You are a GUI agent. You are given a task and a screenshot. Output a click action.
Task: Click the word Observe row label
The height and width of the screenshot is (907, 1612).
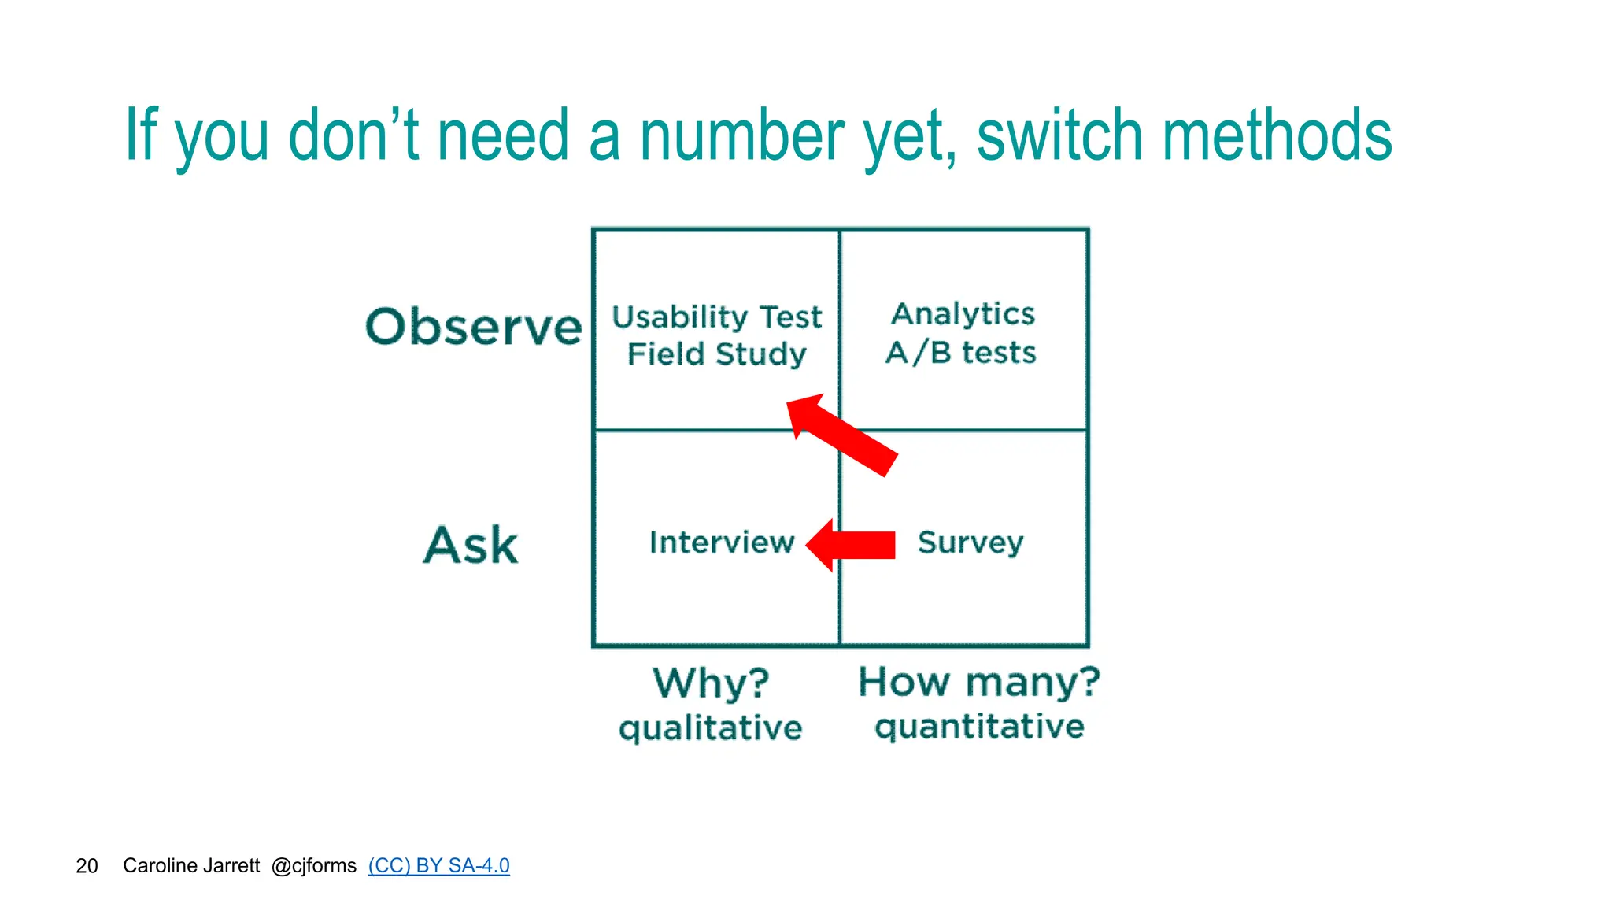coord(474,327)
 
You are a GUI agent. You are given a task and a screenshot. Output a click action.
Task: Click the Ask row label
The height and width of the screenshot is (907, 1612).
coord(471,545)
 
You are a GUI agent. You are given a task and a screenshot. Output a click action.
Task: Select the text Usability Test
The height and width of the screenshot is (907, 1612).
coord(716,317)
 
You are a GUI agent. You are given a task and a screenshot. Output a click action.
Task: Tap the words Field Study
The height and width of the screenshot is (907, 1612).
coord(716,354)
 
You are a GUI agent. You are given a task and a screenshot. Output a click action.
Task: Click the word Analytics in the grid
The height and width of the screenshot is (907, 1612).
coord(963,314)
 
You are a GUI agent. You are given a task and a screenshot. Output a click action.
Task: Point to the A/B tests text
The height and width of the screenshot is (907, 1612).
coord(960,352)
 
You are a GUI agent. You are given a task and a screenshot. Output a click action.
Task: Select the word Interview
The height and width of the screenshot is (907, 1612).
coord(721,542)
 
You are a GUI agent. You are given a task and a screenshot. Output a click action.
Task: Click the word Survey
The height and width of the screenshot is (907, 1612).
coord(970,542)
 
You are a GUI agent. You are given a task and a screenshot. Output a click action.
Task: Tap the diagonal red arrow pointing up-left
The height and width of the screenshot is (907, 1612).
coord(842,435)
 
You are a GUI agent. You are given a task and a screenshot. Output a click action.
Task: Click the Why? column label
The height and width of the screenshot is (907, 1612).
coord(711,682)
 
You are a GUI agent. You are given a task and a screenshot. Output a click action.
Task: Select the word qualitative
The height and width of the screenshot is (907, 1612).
coord(710,727)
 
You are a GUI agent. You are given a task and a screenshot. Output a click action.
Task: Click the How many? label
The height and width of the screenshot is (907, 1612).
coord(978,681)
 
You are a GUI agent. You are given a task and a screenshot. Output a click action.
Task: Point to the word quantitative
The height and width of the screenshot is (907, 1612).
coord(979,726)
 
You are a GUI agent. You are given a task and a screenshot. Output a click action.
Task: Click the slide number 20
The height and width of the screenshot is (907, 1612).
coord(87,866)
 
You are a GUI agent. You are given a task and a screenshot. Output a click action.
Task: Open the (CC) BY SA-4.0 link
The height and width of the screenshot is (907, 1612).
coord(438,866)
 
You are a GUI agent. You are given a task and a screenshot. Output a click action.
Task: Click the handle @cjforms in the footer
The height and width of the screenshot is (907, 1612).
coord(313,866)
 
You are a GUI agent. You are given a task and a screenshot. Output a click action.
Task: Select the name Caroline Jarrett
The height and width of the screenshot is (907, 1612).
coord(191,866)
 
